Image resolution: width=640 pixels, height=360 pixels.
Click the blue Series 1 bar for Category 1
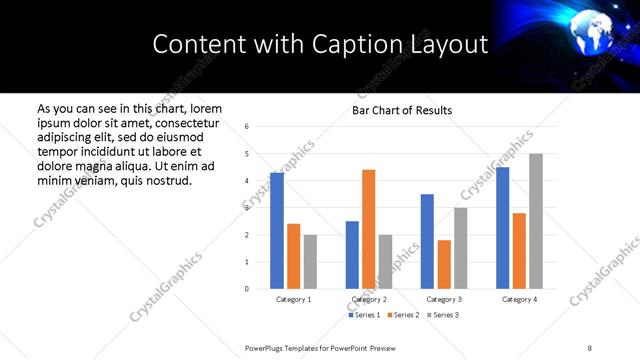point(277,231)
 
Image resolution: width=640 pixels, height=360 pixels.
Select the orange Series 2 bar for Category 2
point(368,229)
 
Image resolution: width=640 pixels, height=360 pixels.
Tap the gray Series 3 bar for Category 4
point(536,221)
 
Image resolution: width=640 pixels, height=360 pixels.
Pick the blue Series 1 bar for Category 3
point(427,241)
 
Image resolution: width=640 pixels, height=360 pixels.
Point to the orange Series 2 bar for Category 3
point(444,264)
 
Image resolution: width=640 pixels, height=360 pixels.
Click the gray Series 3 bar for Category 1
point(310,262)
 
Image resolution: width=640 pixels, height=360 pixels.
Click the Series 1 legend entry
point(366,315)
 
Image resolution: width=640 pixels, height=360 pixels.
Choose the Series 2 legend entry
point(404,315)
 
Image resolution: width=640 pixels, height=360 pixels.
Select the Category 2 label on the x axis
point(368,299)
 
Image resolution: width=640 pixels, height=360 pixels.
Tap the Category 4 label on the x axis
point(519,299)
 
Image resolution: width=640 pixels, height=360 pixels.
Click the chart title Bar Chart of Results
point(402,110)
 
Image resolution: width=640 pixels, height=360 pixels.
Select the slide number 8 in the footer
point(589,348)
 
